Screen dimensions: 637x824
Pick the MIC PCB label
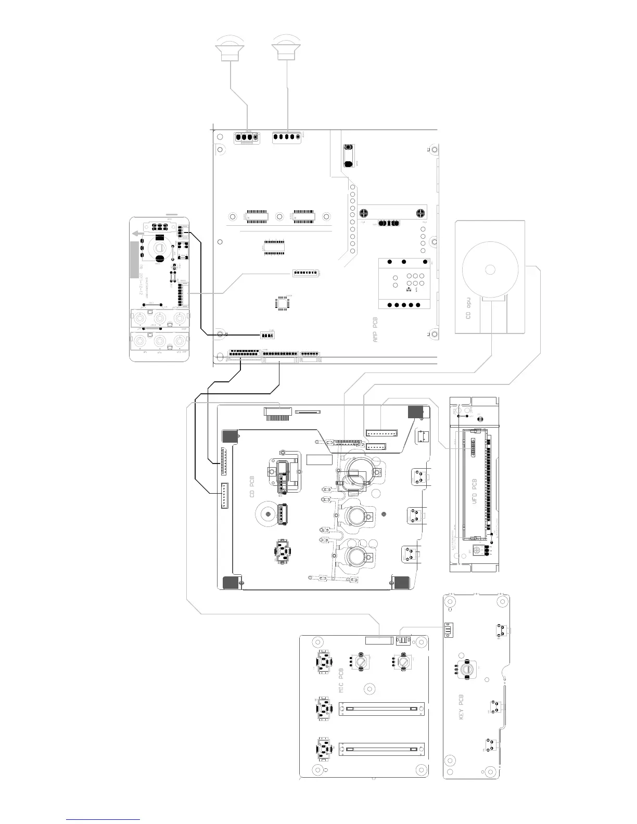[341, 680]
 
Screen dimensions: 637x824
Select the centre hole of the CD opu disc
[490, 269]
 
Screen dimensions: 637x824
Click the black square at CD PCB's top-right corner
[415, 412]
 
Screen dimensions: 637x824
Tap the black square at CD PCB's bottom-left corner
[230, 583]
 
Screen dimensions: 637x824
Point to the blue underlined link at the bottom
[104, 819]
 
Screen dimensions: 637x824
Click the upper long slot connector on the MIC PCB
[381, 709]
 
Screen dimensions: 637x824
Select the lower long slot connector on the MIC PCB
[381, 750]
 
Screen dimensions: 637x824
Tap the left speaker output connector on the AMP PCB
[247, 138]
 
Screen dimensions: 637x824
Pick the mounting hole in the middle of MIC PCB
[370, 688]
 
